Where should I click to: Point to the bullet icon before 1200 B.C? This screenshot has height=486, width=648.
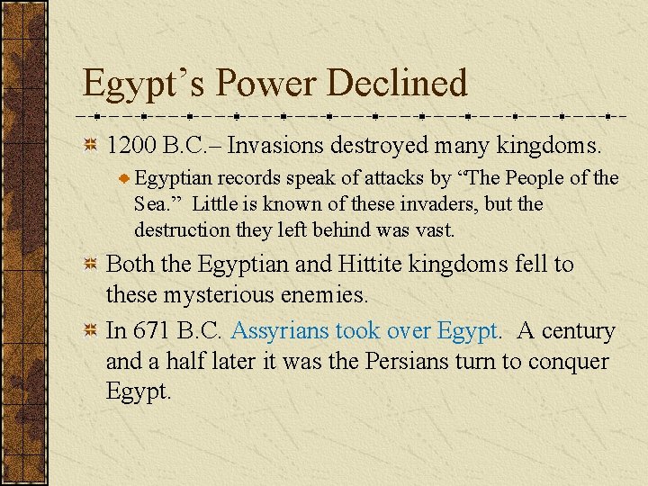[90, 145]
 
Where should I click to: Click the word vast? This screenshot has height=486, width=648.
[436, 230]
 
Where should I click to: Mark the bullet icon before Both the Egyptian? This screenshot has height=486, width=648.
[90, 265]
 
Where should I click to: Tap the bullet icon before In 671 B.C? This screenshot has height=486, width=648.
[90, 331]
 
